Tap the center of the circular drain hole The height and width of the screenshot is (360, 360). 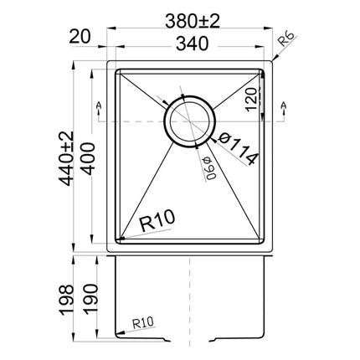point(192,119)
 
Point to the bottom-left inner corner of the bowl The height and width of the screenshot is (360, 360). point(118,240)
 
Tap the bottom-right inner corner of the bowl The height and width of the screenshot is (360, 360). point(265,240)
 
